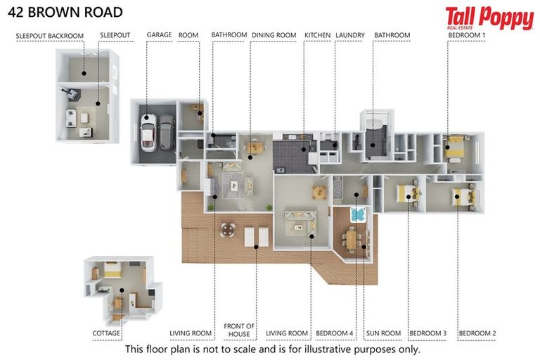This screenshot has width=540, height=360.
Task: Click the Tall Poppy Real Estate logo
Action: point(489,18)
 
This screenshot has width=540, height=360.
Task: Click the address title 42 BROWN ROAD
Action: point(65,13)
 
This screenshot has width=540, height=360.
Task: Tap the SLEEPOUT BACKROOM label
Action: point(50,36)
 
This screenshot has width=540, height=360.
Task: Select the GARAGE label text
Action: point(159,34)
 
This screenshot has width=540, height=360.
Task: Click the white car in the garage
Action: point(148,133)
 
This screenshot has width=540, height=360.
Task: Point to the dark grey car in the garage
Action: point(167,132)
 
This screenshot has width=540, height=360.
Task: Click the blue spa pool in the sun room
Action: point(358,214)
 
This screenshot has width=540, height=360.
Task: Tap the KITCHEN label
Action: point(317,35)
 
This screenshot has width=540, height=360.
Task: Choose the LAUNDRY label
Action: point(350,35)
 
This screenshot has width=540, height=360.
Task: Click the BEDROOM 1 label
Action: point(467,35)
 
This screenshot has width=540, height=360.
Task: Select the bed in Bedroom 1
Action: point(454,147)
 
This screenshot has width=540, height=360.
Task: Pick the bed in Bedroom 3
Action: point(407,193)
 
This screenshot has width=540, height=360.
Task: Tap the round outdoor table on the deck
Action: point(228,229)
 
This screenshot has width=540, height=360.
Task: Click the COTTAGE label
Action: point(106,333)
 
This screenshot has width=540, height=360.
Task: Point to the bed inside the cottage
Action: point(112,269)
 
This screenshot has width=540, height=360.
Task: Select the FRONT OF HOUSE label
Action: point(239,330)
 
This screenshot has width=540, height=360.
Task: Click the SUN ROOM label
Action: point(383,333)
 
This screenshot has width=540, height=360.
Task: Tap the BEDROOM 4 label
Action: point(335,333)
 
